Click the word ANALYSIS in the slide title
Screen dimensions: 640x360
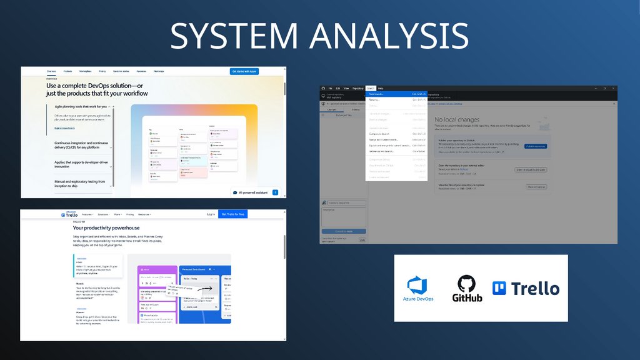(x=388, y=36)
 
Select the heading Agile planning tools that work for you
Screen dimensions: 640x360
(x=81, y=107)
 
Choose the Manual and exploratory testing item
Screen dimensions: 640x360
(x=79, y=183)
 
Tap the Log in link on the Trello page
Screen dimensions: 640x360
(x=211, y=214)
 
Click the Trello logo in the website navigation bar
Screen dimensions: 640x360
(x=68, y=214)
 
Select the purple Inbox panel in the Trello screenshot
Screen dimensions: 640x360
(x=157, y=294)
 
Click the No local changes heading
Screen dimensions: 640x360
(x=457, y=119)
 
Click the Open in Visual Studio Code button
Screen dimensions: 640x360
(x=530, y=169)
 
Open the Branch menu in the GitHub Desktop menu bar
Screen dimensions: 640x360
(x=371, y=89)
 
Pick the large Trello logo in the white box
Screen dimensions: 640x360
(x=526, y=288)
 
